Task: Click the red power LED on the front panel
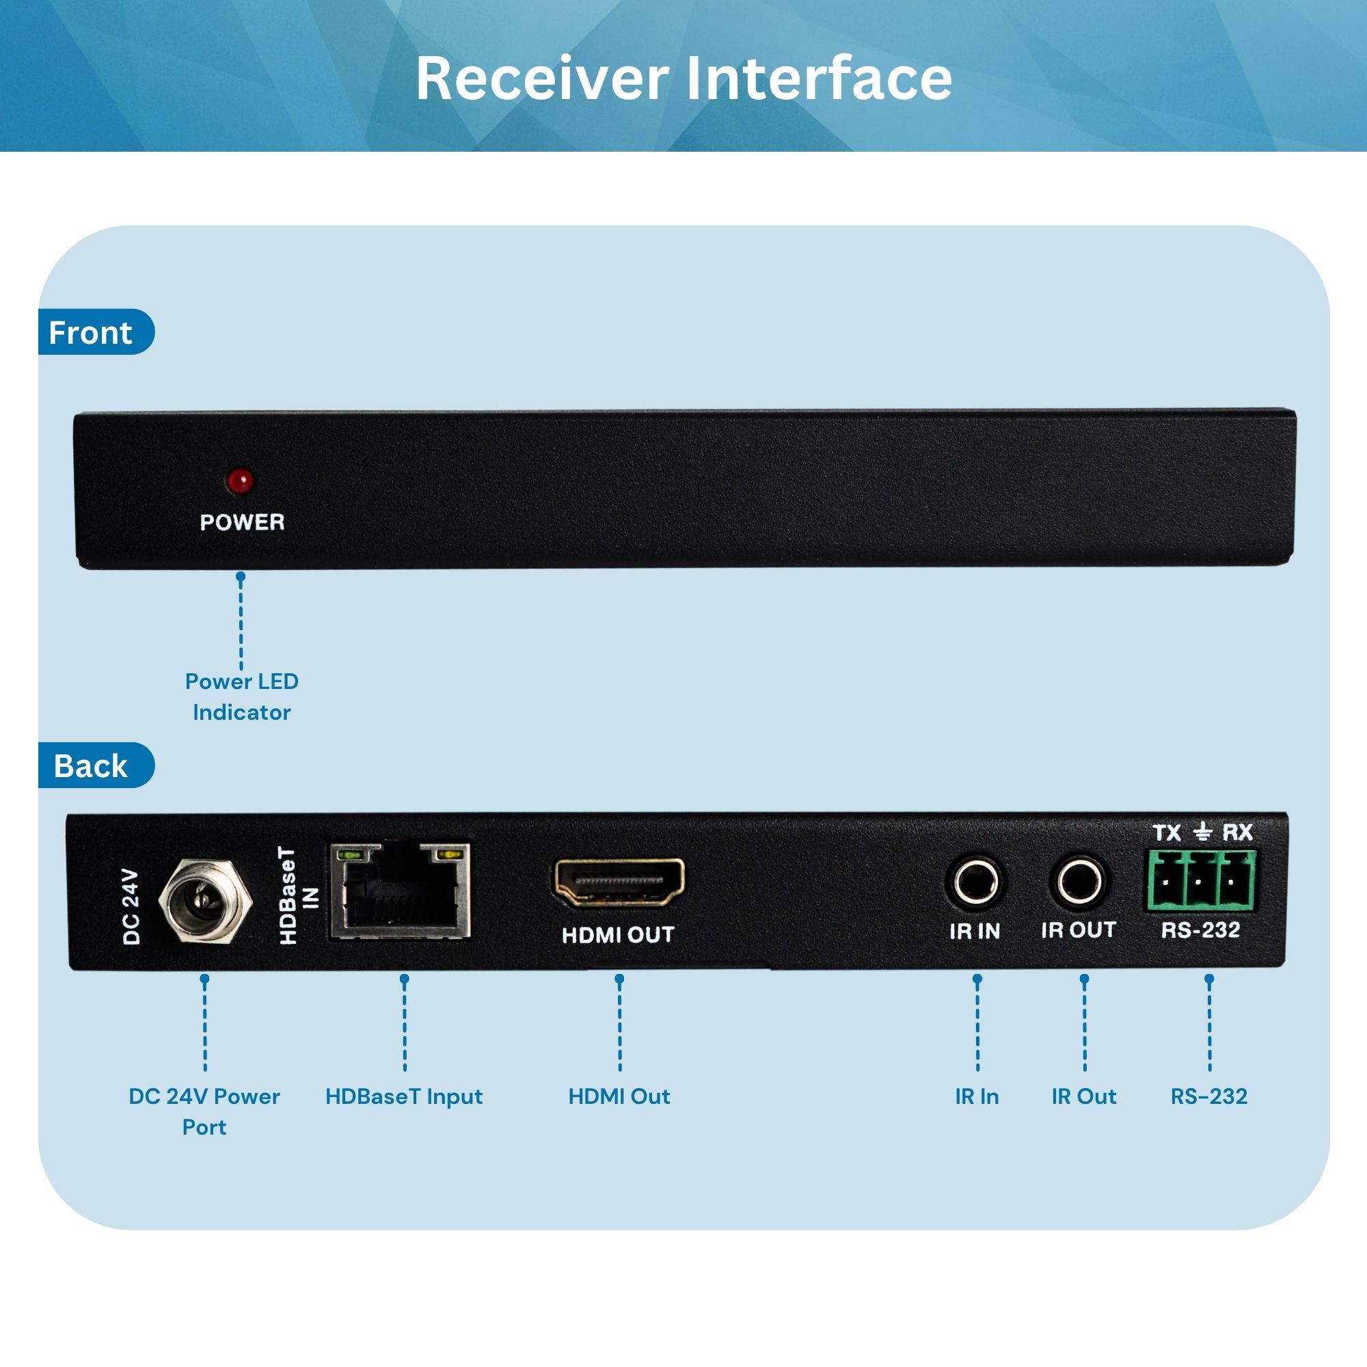240,481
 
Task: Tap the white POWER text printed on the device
242,522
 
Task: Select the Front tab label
91,333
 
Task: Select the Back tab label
91,766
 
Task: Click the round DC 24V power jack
205,901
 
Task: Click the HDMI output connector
619,882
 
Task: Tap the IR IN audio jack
976,882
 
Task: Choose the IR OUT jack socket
1079,882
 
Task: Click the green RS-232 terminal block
1201,881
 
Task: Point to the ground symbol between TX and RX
1202,832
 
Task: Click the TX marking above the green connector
1167,833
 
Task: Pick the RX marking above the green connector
1238,832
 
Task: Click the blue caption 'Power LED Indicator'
241,696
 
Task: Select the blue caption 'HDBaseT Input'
403,1096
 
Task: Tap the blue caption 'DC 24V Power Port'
204,1111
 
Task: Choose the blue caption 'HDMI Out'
619,1096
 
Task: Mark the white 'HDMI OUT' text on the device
618,934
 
